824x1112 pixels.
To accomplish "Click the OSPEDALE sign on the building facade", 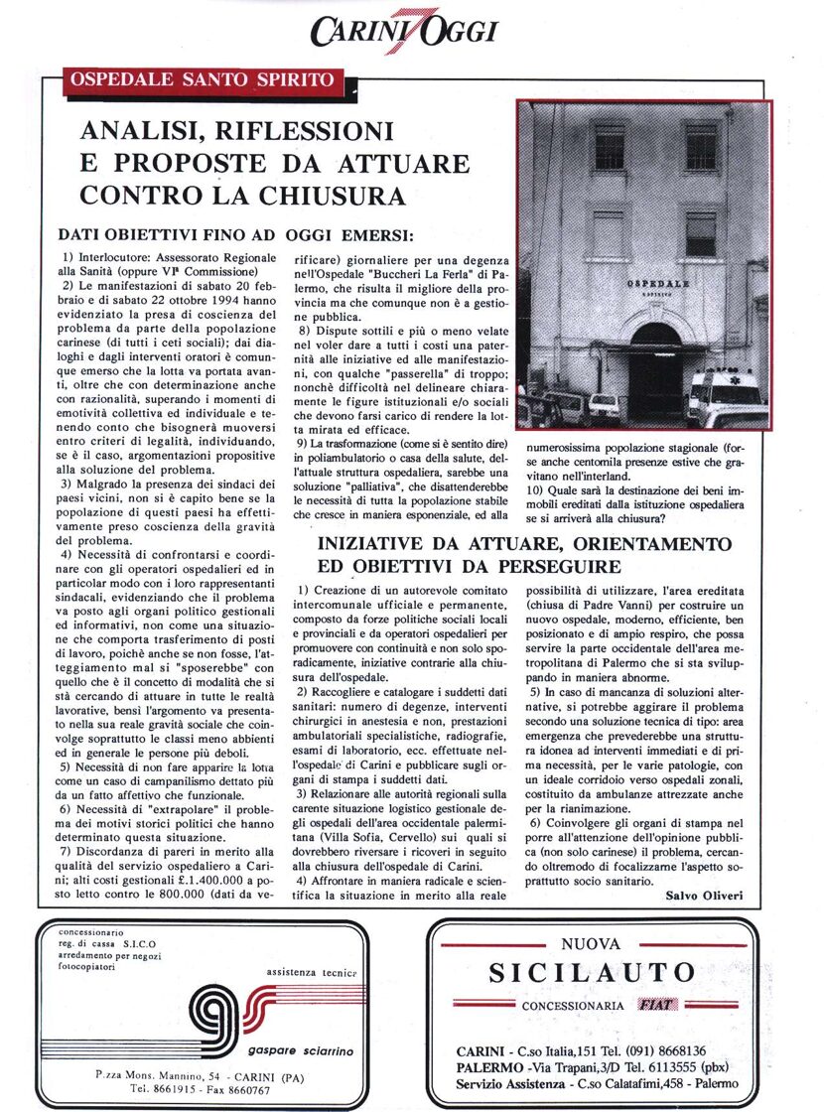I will (658, 284).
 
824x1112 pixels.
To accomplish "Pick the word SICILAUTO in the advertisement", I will (590, 972).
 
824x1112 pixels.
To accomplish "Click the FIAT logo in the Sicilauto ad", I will (657, 1005).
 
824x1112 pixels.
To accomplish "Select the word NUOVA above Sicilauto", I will (590, 944).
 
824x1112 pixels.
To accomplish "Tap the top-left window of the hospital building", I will (608, 146).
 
